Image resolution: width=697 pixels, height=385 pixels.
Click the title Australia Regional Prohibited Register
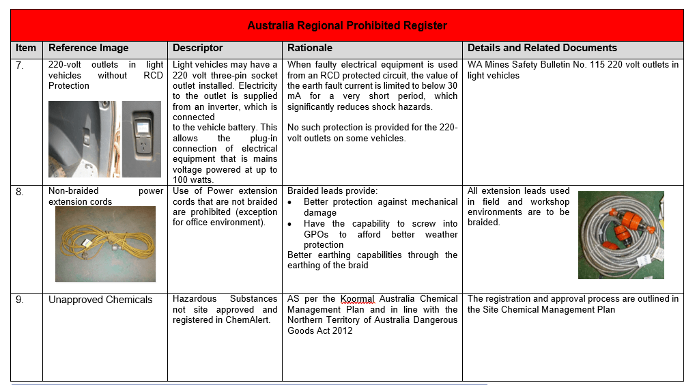click(x=347, y=26)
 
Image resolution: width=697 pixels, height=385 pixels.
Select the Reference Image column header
click(x=88, y=48)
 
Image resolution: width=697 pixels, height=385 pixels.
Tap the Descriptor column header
click(x=197, y=48)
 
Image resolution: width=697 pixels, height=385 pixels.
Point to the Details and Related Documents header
click(x=542, y=48)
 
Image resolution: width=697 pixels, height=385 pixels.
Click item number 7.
click(x=20, y=66)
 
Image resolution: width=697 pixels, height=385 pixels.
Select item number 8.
click(x=20, y=192)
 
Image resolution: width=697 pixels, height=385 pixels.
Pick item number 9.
click(x=20, y=300)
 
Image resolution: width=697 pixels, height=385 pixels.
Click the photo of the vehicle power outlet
click(x=104, y=139)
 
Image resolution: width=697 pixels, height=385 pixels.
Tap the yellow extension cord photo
click(x=105, y=244)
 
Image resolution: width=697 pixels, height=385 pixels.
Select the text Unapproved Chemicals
click(x=100, y=300)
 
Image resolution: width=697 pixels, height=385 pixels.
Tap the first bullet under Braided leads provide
click(x=291, y=203)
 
